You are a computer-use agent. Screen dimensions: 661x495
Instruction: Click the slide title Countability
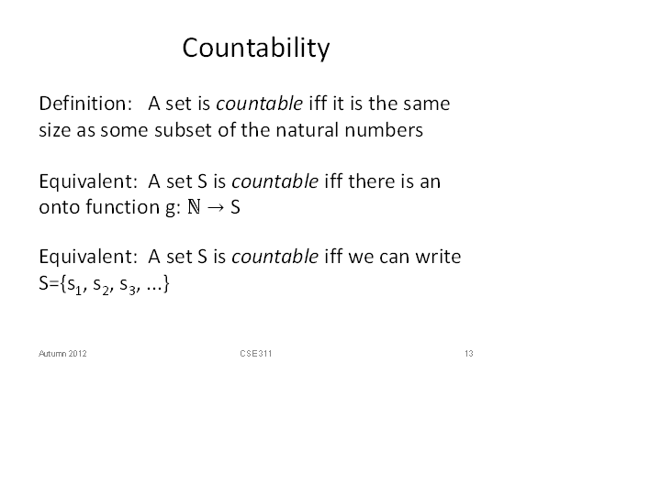pyautogui.click(x=256, y=48)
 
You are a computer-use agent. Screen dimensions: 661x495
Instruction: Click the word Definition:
pyautogui.click(x=85, y=104)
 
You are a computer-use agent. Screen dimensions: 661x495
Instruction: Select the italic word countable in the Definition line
pyautogui.click(x=259, y=104)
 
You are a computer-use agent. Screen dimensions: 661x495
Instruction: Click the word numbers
pyautogui.click(x=384, y=129)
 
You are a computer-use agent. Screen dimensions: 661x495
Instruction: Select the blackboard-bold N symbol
pyautogui.click(x=194, y=207)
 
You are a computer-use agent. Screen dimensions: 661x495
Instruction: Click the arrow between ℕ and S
pyautogui.click(x=216, y=207)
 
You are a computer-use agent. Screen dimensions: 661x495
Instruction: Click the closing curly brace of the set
pyautogui.click(x=166, y=283)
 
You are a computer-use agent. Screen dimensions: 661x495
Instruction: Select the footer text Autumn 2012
pyautogui.click(x=62, y=354)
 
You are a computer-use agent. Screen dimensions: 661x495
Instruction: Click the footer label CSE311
pyautogui.click(x=256, y=354)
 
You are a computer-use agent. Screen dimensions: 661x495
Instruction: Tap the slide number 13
pyautogui.click(x=469, y=354)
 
